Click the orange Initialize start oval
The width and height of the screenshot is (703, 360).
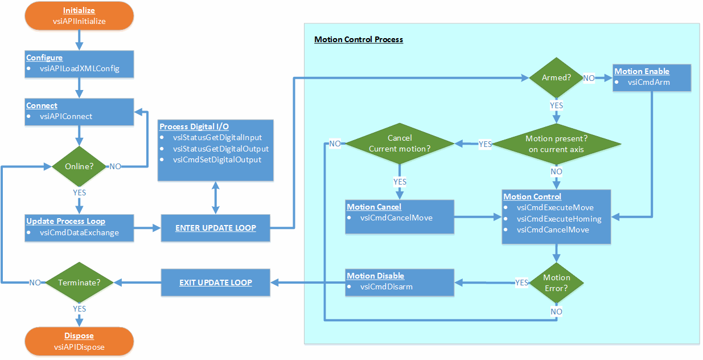click(x=79, y=16)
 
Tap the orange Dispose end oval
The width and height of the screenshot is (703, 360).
click(x=79, y=341)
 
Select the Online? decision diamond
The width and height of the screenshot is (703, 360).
click(x=79, y=167)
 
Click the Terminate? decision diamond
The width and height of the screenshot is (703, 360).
click(x=79, y=282)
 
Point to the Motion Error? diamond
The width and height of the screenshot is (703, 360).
click(x=556, y=283)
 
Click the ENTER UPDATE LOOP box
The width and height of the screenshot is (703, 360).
click(x=215, y=228)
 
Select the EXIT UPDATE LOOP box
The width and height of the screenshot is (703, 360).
click(x=215, y=282)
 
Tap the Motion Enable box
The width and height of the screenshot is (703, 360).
click(x=652, y=77)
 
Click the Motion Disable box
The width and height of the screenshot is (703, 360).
click(x=400, y=282)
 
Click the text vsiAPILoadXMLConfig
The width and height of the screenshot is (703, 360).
click(x=80, y=69)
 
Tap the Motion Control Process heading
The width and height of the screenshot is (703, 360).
click(x=359, y=40)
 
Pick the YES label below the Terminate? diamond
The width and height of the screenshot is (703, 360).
click(x=79, y=309)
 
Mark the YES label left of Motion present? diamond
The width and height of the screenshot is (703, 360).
click(x=485, y=144)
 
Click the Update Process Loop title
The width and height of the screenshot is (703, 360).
click(x=65, y=221)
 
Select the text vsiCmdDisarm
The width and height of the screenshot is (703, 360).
click(x=386, y=287)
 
